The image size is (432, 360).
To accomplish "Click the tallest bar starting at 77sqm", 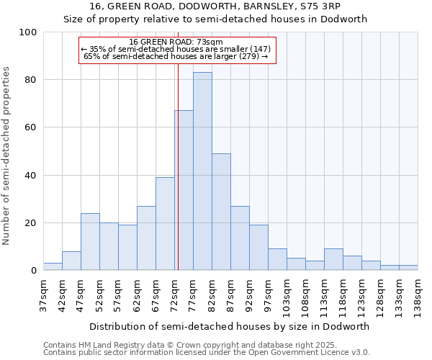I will click(202, 171).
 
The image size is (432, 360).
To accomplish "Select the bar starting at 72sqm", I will click(184, 190).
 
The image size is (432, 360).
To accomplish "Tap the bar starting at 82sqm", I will click(221, 212).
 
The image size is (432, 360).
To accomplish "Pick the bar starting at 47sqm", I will click(90, 242).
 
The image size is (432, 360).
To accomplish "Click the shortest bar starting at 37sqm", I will click(53, 266).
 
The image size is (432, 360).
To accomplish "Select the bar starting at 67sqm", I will click(165, 224).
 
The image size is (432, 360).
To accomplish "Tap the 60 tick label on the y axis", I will click(31, 127).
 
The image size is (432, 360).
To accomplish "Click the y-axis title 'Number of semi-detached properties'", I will click(7, 156).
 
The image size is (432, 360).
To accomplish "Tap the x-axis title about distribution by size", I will click(230, 326).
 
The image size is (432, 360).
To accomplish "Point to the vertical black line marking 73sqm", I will click(178, 166).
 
